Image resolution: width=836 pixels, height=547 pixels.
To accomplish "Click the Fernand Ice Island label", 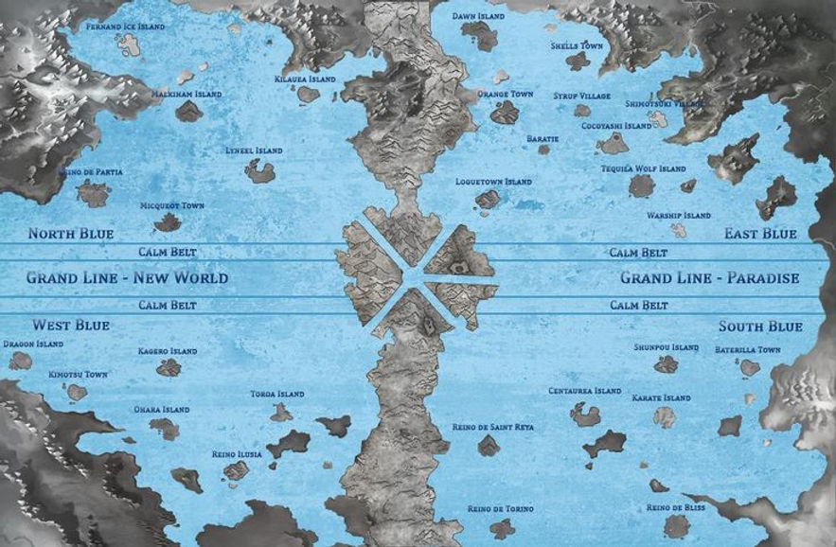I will [125, 26].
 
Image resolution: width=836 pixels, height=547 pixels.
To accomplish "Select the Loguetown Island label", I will [493, 181].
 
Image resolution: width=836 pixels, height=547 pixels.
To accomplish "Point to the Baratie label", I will [543, 138].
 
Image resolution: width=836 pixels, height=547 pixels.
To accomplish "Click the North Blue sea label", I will [70, 233].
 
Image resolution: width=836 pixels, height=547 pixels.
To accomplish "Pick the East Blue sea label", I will [760, 233].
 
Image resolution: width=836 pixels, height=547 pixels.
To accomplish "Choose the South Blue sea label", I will [760, 326].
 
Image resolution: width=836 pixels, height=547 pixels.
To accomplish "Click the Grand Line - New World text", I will [127, 278].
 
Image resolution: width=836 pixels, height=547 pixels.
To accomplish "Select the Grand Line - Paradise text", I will [709, 278].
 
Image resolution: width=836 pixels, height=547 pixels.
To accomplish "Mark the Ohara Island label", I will [162, 410].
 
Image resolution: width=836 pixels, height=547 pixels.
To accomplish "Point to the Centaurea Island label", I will [584, 391].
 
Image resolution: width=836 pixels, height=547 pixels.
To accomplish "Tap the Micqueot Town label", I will [172, 205].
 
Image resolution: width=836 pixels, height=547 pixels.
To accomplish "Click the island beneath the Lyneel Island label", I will [259, 171].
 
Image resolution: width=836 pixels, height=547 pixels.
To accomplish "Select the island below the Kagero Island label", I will [169, 367].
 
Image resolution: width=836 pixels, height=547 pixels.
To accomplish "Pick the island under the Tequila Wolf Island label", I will [642, 186].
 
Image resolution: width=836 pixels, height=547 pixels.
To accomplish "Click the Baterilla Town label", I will [747, 350].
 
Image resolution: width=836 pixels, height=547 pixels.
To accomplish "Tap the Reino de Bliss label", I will [675, 507].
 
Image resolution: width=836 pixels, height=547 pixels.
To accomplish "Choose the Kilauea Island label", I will [304, 79].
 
